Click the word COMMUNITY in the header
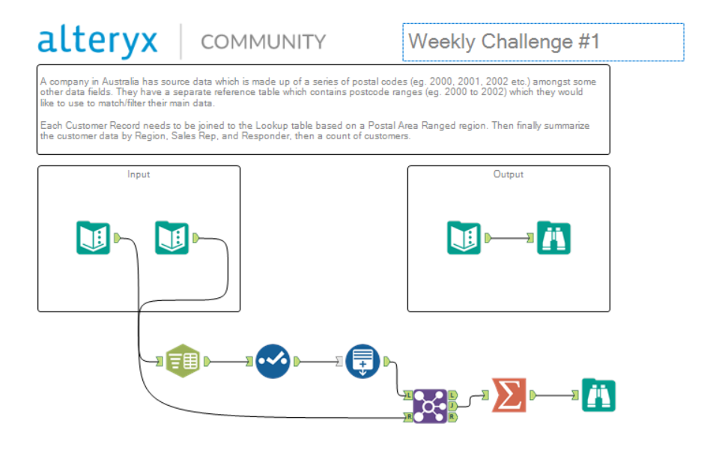coord(263,42)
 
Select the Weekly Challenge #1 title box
coord(543,42)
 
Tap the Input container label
coord(139,174)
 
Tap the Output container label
coord(509,174)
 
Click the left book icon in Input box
coord(93,238)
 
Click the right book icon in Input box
coord(172,238)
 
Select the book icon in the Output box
coord(464,238)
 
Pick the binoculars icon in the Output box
coord(553,238)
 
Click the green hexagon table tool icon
coord(182,361)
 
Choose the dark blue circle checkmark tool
coord(273,361)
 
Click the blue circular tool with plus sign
coord(362,361)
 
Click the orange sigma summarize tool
coord(509,395)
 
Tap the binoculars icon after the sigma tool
coord(598,395)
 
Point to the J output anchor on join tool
coord(453,405)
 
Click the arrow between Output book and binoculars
coord(509,238)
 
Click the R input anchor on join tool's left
coord(408,416)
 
